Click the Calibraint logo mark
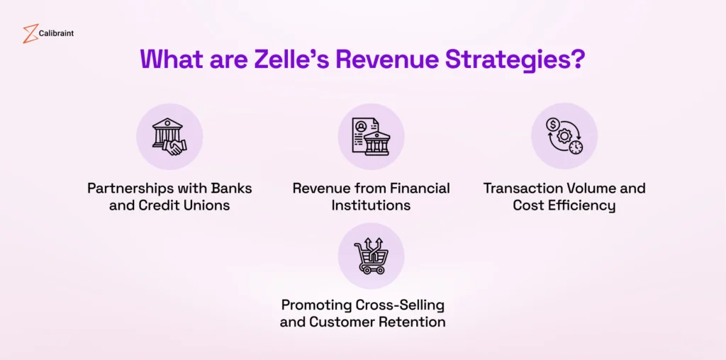tap(30, 33)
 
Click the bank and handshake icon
tap(169, 137)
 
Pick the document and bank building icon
tap(371, 137)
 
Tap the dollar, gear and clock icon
tap(564, 137)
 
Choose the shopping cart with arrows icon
tap(371, 256)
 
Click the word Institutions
tap(371, 206)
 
